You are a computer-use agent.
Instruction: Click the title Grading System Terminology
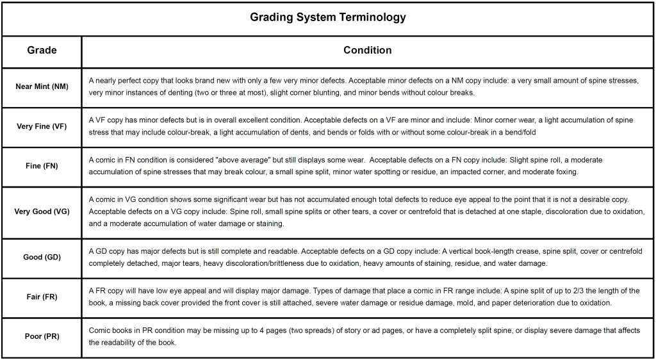coord(327,17)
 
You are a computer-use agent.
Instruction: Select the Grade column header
coord(42,50)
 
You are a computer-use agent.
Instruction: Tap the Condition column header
coord(367,50)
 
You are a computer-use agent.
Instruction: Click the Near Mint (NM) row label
coord(42,86)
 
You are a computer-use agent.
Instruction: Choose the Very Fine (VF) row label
coord(42,126)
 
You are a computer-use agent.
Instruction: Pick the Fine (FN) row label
coord(42,166)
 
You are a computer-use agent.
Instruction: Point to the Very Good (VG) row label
coord(42,211)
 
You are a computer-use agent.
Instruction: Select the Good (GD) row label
coord(42,257)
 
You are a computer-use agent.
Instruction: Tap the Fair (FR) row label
coord(42,297)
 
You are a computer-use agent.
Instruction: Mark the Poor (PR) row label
coord(42,336)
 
